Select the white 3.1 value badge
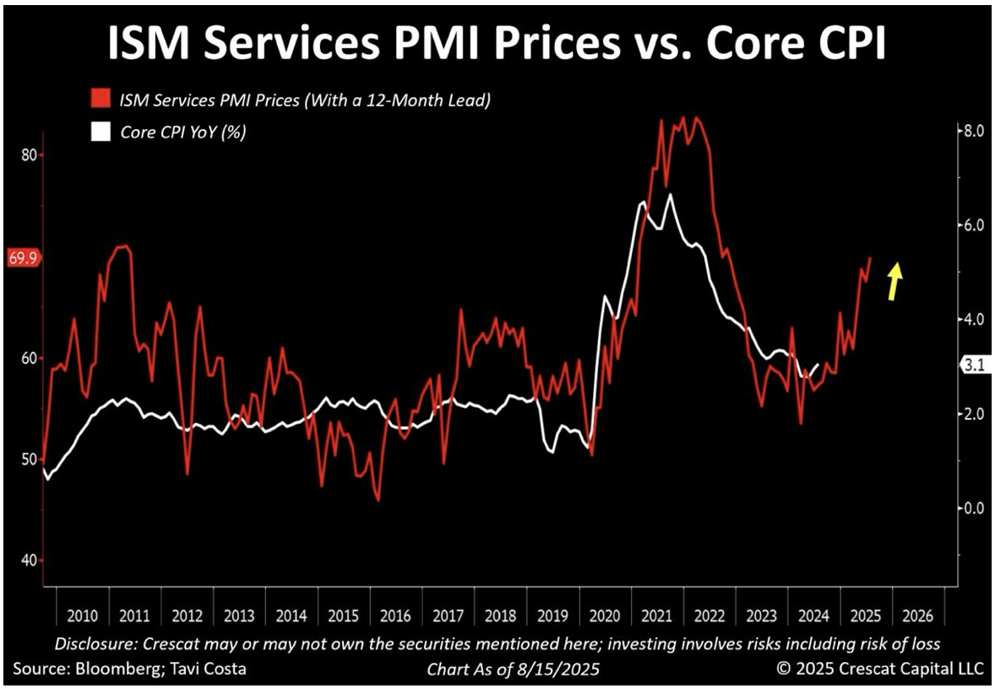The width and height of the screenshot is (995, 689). (973, 365)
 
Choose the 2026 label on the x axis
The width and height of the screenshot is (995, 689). (917, 615)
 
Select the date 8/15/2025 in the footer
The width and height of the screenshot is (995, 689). (564, 669)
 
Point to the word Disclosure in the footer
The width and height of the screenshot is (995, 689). (91, 643)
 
